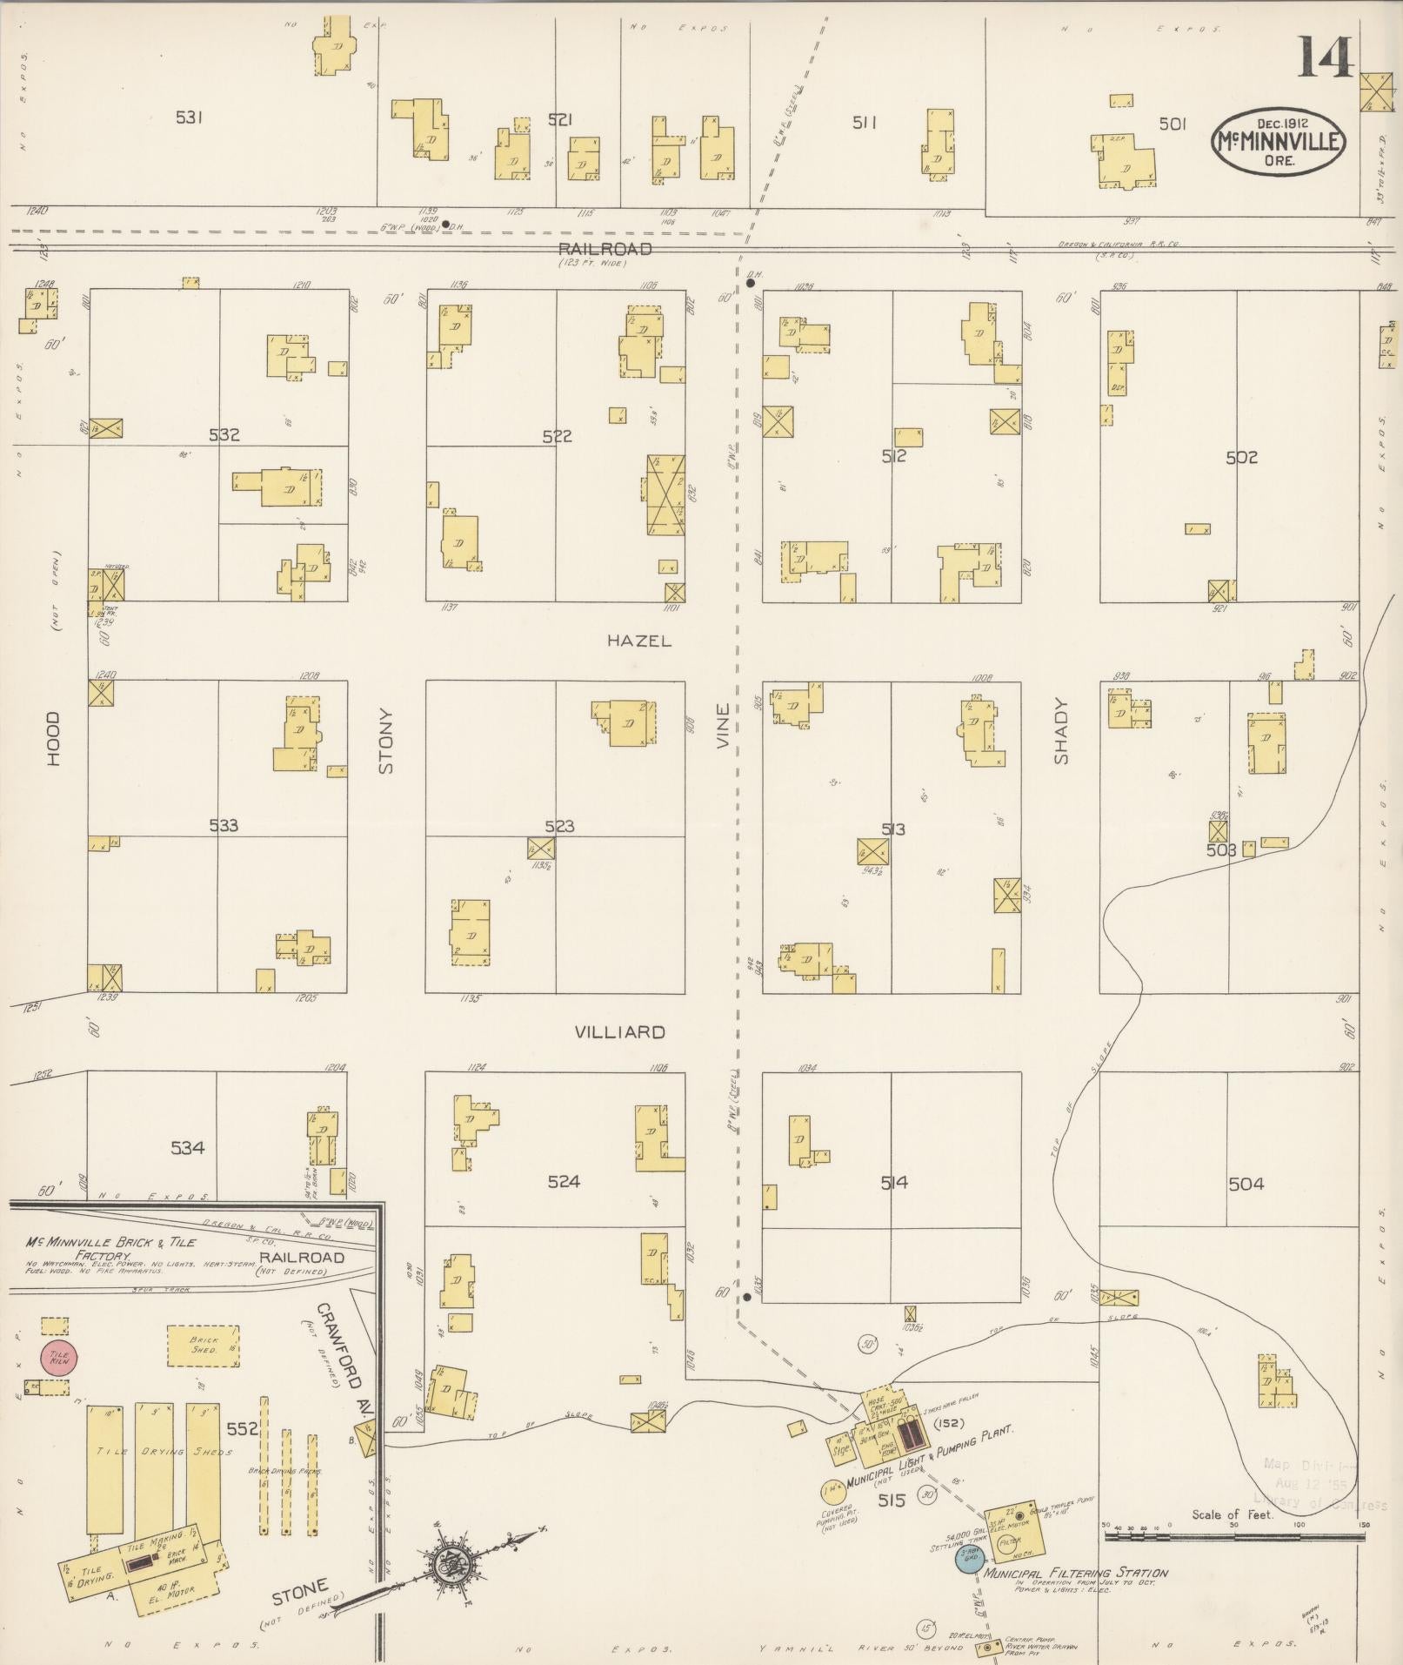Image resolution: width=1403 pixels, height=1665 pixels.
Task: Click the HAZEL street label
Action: [x=639, y=641]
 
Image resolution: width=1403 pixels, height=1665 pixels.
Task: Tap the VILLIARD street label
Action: [x=619, y=1032]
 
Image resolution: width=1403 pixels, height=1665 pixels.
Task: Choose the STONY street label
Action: [x=386, y=741]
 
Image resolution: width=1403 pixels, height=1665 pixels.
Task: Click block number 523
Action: [x=558, y=825]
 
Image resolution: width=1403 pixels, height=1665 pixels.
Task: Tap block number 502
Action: [x=1241, y=457]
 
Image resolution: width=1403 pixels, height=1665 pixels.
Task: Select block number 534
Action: [x=187, y=1148]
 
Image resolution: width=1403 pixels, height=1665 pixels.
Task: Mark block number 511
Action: [x=863, y=123]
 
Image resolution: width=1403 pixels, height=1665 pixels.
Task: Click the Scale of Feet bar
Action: [x=1232, y=1537]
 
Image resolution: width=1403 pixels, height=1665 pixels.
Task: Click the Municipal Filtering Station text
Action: [x=1076, y=1574]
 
